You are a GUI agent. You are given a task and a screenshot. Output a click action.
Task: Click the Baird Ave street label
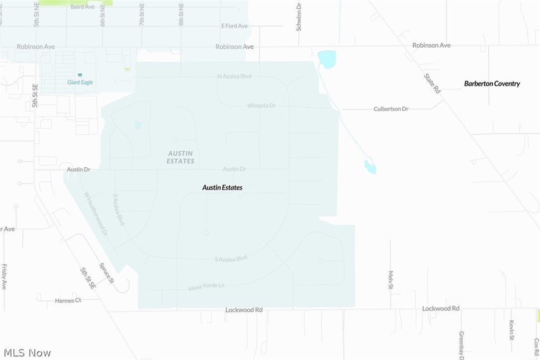tap(83, 7)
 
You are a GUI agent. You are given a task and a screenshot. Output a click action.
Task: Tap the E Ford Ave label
tap(235, 26)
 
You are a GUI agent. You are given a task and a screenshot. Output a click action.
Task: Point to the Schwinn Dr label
tap(299, 17)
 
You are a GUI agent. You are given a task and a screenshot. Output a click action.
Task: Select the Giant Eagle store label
tap(81, 83)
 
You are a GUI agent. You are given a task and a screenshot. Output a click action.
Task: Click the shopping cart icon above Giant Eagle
tap(80, 75)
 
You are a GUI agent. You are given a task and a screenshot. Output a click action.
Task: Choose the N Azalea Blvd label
tap(235, 77)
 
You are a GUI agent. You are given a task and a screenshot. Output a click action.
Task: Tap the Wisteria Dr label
tap(262, 106)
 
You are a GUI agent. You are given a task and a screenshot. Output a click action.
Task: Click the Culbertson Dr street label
tap(391, 109)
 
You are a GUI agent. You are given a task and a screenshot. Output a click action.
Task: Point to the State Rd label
tap(432, 84)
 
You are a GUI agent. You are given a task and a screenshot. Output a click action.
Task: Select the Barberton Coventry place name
tap(492, 84)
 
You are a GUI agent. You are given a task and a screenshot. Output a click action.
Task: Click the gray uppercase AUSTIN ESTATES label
tap(180, 157)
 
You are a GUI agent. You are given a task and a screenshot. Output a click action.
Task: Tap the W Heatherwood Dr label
tap(95, 213)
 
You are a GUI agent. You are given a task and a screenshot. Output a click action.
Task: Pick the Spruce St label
tap(106, 273)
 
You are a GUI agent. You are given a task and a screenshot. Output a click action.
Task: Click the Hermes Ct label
tap(68, 301)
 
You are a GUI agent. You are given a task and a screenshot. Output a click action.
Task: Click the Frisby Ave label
tap(4, 277)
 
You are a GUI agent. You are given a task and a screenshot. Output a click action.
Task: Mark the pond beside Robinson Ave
tap(327, 59)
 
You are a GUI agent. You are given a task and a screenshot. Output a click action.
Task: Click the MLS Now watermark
tap(26, 353)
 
